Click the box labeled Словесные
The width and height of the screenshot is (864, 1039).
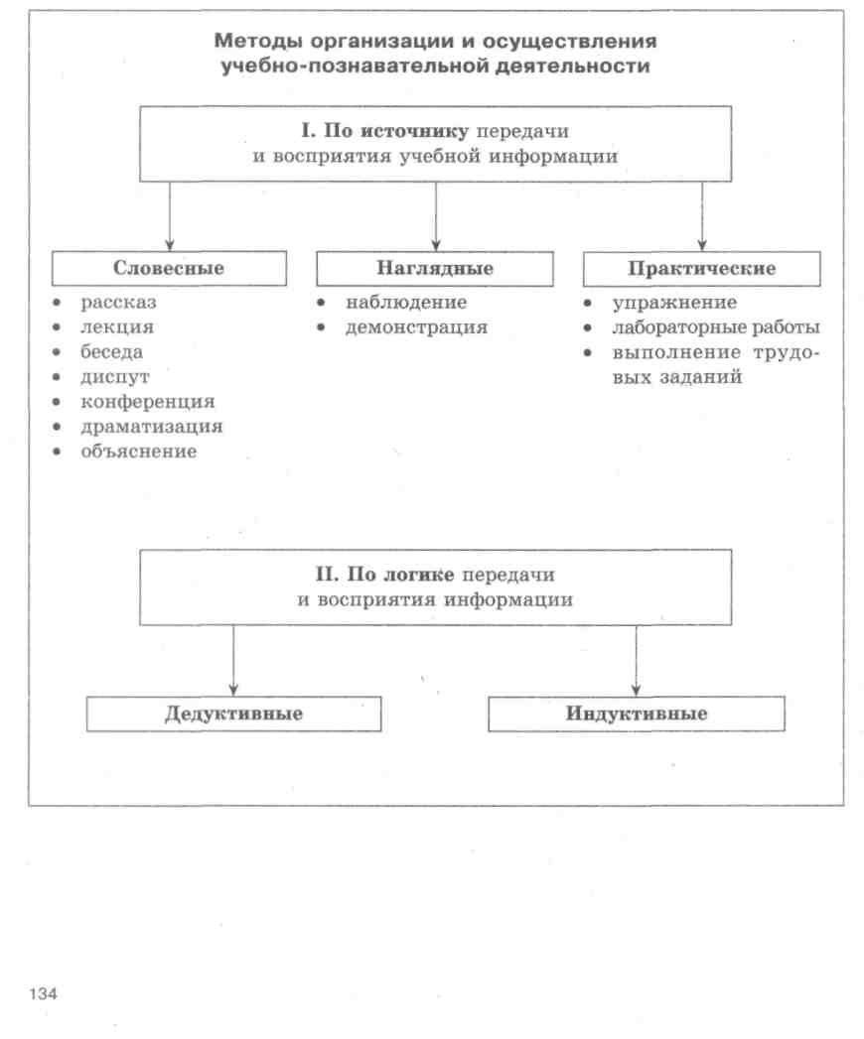[169, 269]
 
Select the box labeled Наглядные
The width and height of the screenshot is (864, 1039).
[435, 269]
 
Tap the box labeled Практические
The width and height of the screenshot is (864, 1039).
[701, 269]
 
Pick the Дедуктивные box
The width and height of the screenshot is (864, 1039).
[233, 714]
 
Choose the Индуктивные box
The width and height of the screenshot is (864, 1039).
[637, 714]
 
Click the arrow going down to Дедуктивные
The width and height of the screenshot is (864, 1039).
[233, 660]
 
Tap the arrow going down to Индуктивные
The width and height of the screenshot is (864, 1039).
[637, 660]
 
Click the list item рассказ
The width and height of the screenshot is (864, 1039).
[120, 302]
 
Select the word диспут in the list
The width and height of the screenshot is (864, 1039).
[114, 377]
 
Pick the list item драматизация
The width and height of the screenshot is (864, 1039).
[151, 427]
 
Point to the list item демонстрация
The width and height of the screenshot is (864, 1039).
[416, 326]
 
